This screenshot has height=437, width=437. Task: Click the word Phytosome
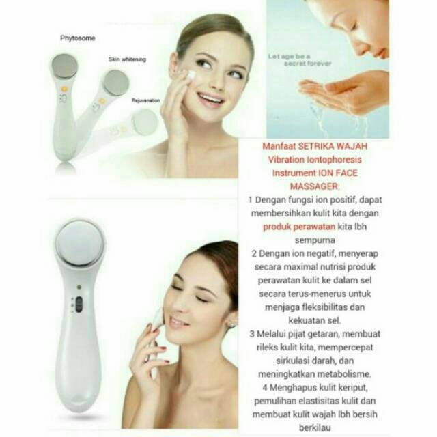(x=77, y=38)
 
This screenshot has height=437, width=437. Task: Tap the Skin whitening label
(x=127, y=59)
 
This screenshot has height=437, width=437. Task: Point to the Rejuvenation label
(x=145, y=100)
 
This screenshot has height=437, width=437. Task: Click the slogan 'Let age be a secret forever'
(x=300, y=60)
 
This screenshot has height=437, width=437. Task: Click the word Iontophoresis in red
(x=334, y=160)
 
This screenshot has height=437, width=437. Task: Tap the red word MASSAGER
(x=314, y=186)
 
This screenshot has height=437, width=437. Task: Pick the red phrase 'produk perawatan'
(x=299, y=227)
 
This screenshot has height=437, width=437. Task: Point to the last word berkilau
(x=315, y=427)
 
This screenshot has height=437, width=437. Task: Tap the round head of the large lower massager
(x=80, y=243)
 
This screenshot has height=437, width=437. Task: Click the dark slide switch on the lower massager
(x=79, y=304)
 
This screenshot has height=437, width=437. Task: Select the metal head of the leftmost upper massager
(x=64, y=67)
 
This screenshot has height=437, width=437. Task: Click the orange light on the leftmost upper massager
(x=64, y=89)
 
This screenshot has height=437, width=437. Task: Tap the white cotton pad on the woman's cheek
(x=191, y=76)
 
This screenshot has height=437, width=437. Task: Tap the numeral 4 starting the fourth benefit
(x=265, y=387)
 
